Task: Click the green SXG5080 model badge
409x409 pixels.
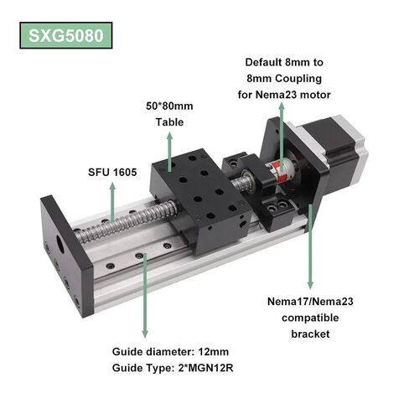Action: pos(66,35)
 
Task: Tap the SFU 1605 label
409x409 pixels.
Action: pos(112,173)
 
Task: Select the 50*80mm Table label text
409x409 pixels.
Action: pos(169,114)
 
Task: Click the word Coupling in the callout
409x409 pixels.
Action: pos(298,79)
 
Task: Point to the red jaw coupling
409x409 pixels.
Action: pos(282,168)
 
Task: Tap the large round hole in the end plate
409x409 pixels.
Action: pos(60,244)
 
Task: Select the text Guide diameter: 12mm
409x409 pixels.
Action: pos(170,351)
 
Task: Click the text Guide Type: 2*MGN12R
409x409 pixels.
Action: pos(173,368)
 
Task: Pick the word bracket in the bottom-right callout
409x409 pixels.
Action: pos(310,334)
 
